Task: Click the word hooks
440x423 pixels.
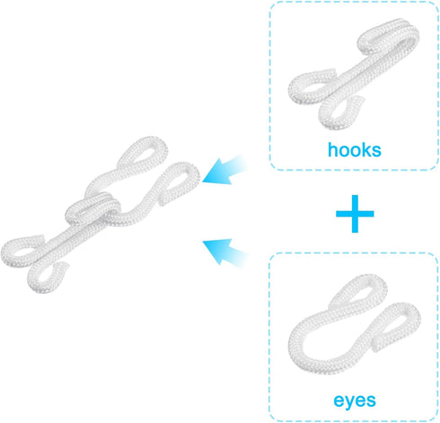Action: (x=355, y=150)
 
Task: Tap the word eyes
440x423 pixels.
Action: (x=355, y=401)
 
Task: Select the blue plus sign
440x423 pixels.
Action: (x=355, y=214)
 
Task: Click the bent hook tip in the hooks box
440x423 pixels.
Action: (x=389, y=33)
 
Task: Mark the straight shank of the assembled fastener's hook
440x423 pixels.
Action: (x=75, y=236)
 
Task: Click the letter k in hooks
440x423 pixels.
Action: (x=366, y=150)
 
